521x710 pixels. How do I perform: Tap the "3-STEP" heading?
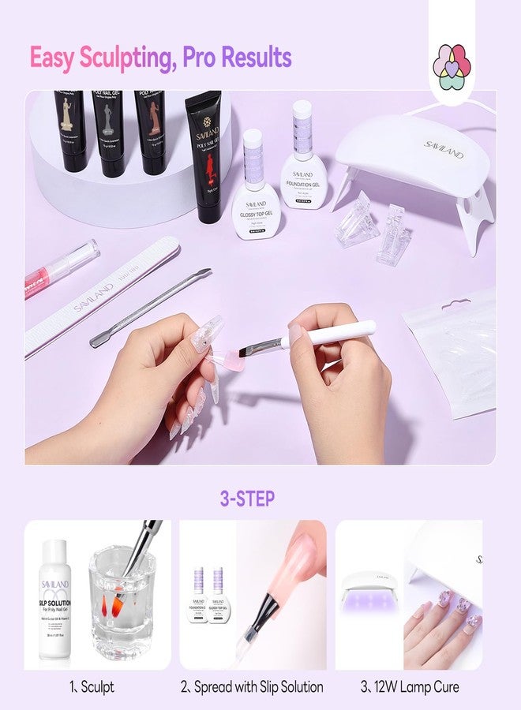pos(247,499)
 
